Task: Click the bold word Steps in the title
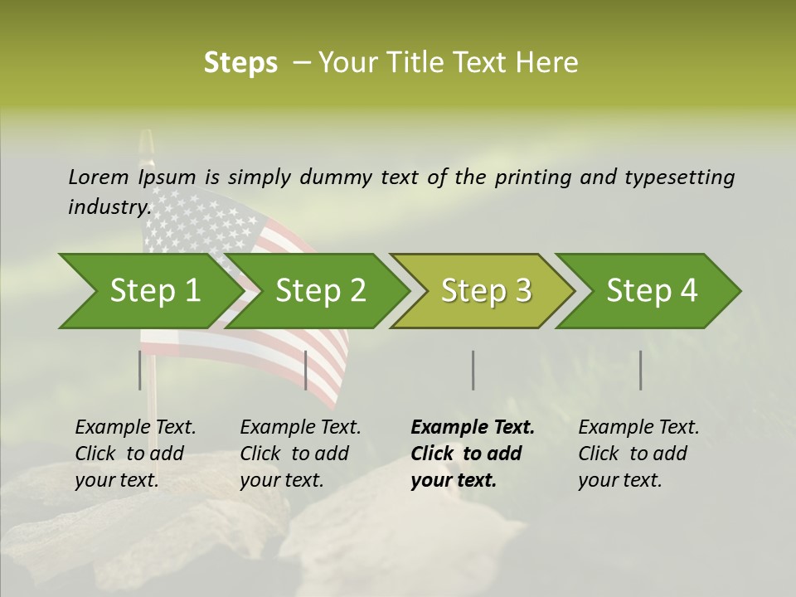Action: (x=240, y=63)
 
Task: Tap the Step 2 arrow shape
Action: (x=320, y=291)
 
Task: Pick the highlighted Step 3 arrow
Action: (x=486, y=291)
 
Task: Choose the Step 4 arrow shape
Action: (x=652, y=291)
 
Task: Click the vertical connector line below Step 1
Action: (x=140, y=370)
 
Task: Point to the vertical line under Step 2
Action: (x=306, y=370)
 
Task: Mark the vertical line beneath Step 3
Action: (x=473, y=370)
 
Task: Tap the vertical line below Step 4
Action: (x=641, y=370)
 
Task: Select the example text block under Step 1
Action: (x=135, y=454)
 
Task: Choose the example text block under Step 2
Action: (x=300, y=454)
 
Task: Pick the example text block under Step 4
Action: (x=638, y=454)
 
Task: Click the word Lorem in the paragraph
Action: (x=98, y=177)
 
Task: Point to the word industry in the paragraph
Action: (x=109, y=207)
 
